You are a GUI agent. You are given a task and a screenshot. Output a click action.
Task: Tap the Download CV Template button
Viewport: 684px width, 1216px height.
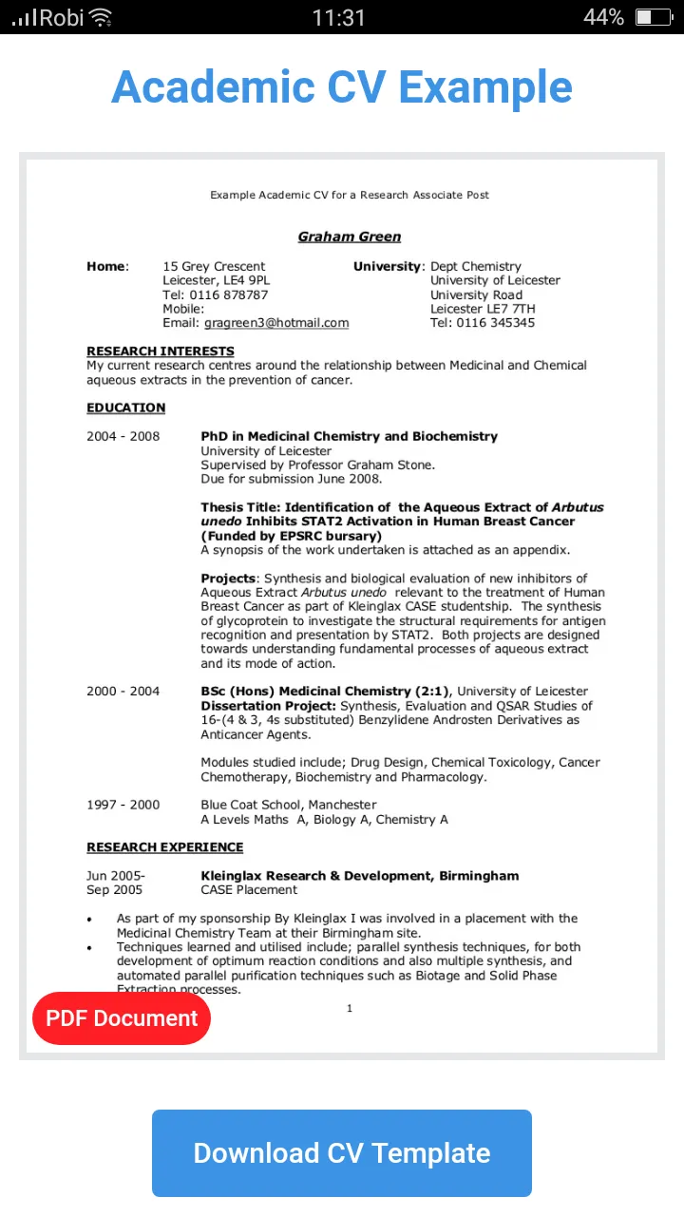tap(342, 1153)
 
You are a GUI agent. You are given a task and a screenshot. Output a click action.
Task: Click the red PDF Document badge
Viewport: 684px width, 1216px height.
tap(122, 1018)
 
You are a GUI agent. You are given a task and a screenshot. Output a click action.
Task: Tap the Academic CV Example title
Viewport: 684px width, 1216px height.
tap(342, 87)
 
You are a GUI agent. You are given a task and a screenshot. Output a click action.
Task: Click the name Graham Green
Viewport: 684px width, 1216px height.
tap(350, 237)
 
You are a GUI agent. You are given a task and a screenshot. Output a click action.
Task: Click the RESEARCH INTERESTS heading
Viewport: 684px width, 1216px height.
tap(161, 351)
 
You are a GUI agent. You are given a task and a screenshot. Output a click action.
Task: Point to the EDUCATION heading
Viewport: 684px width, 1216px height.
tap(126, 408)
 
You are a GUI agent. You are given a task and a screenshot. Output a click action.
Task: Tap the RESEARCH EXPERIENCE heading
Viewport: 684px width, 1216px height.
tap(165, 847)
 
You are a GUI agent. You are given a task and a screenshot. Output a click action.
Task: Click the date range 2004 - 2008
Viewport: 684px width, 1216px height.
tap(123, 437)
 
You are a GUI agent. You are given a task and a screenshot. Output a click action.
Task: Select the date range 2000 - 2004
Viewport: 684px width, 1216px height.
tap(123, 692)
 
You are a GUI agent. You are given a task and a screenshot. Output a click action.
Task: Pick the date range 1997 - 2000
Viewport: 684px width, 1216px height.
tap(123, 805)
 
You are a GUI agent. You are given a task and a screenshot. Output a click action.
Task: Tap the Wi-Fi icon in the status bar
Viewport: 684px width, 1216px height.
tap(101, 17)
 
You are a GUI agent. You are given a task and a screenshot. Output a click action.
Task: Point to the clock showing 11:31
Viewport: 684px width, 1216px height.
tap(338, 17)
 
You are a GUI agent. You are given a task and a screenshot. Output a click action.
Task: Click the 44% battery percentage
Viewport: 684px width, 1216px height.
tap(603, 17)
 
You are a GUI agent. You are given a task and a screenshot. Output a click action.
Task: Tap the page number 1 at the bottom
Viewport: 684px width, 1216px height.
tap(350, 1008)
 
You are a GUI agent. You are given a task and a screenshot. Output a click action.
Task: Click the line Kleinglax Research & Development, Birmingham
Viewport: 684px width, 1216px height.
tap(360, 876)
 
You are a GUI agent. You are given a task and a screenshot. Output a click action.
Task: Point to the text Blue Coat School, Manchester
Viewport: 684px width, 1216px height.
tap(289, 805)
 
